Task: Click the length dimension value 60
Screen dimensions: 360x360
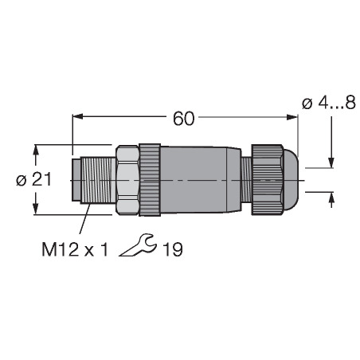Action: (184, 119)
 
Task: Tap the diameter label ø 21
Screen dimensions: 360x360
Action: (33, 180)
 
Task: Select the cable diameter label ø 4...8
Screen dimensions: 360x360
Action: (329, 103)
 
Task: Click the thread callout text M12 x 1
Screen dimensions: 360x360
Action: (75, 249)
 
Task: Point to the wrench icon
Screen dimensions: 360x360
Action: (138, 245)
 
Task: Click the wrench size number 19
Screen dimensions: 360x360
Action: (173, 249)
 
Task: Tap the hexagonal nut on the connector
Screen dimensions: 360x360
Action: (127, 180)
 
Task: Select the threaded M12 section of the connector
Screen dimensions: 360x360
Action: (98, 180)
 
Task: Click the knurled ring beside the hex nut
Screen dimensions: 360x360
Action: (150, 180)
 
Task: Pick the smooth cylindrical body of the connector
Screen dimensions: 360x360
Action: (201, 180)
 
